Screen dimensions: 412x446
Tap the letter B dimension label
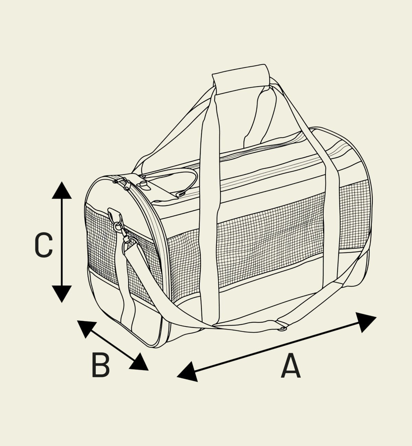pos(101,367)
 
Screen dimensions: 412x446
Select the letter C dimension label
pos(44,245)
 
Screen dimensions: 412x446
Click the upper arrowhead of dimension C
pos(61,191)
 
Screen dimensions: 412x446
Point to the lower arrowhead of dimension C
pos(61,294)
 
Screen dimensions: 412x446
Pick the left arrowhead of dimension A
pos(188,372)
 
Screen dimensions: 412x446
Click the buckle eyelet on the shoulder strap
pos(282,329)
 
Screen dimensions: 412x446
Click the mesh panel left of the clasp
pos(99,240)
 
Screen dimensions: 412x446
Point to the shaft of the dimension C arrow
pos(61,242)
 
